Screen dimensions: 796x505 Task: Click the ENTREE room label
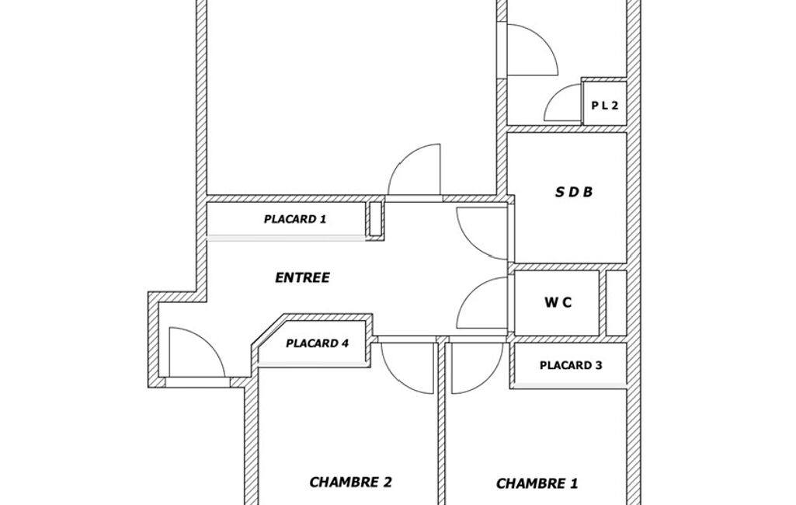302,277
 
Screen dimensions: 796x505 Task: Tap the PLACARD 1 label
295,219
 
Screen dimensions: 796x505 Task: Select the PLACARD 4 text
318,343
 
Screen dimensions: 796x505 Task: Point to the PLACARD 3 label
571,365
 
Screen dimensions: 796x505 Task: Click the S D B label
574,192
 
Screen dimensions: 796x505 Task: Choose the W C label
558,303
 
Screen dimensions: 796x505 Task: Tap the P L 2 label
605,106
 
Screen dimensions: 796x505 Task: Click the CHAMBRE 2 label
351,482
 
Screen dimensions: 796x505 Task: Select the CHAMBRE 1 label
537,483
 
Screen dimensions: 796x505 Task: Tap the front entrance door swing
208,341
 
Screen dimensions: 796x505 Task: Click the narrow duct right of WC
617,303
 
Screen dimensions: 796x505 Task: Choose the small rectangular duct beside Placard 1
375,218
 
